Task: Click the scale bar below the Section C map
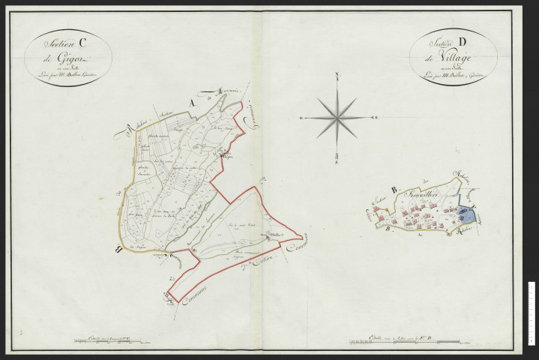(x=110, y=343)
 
